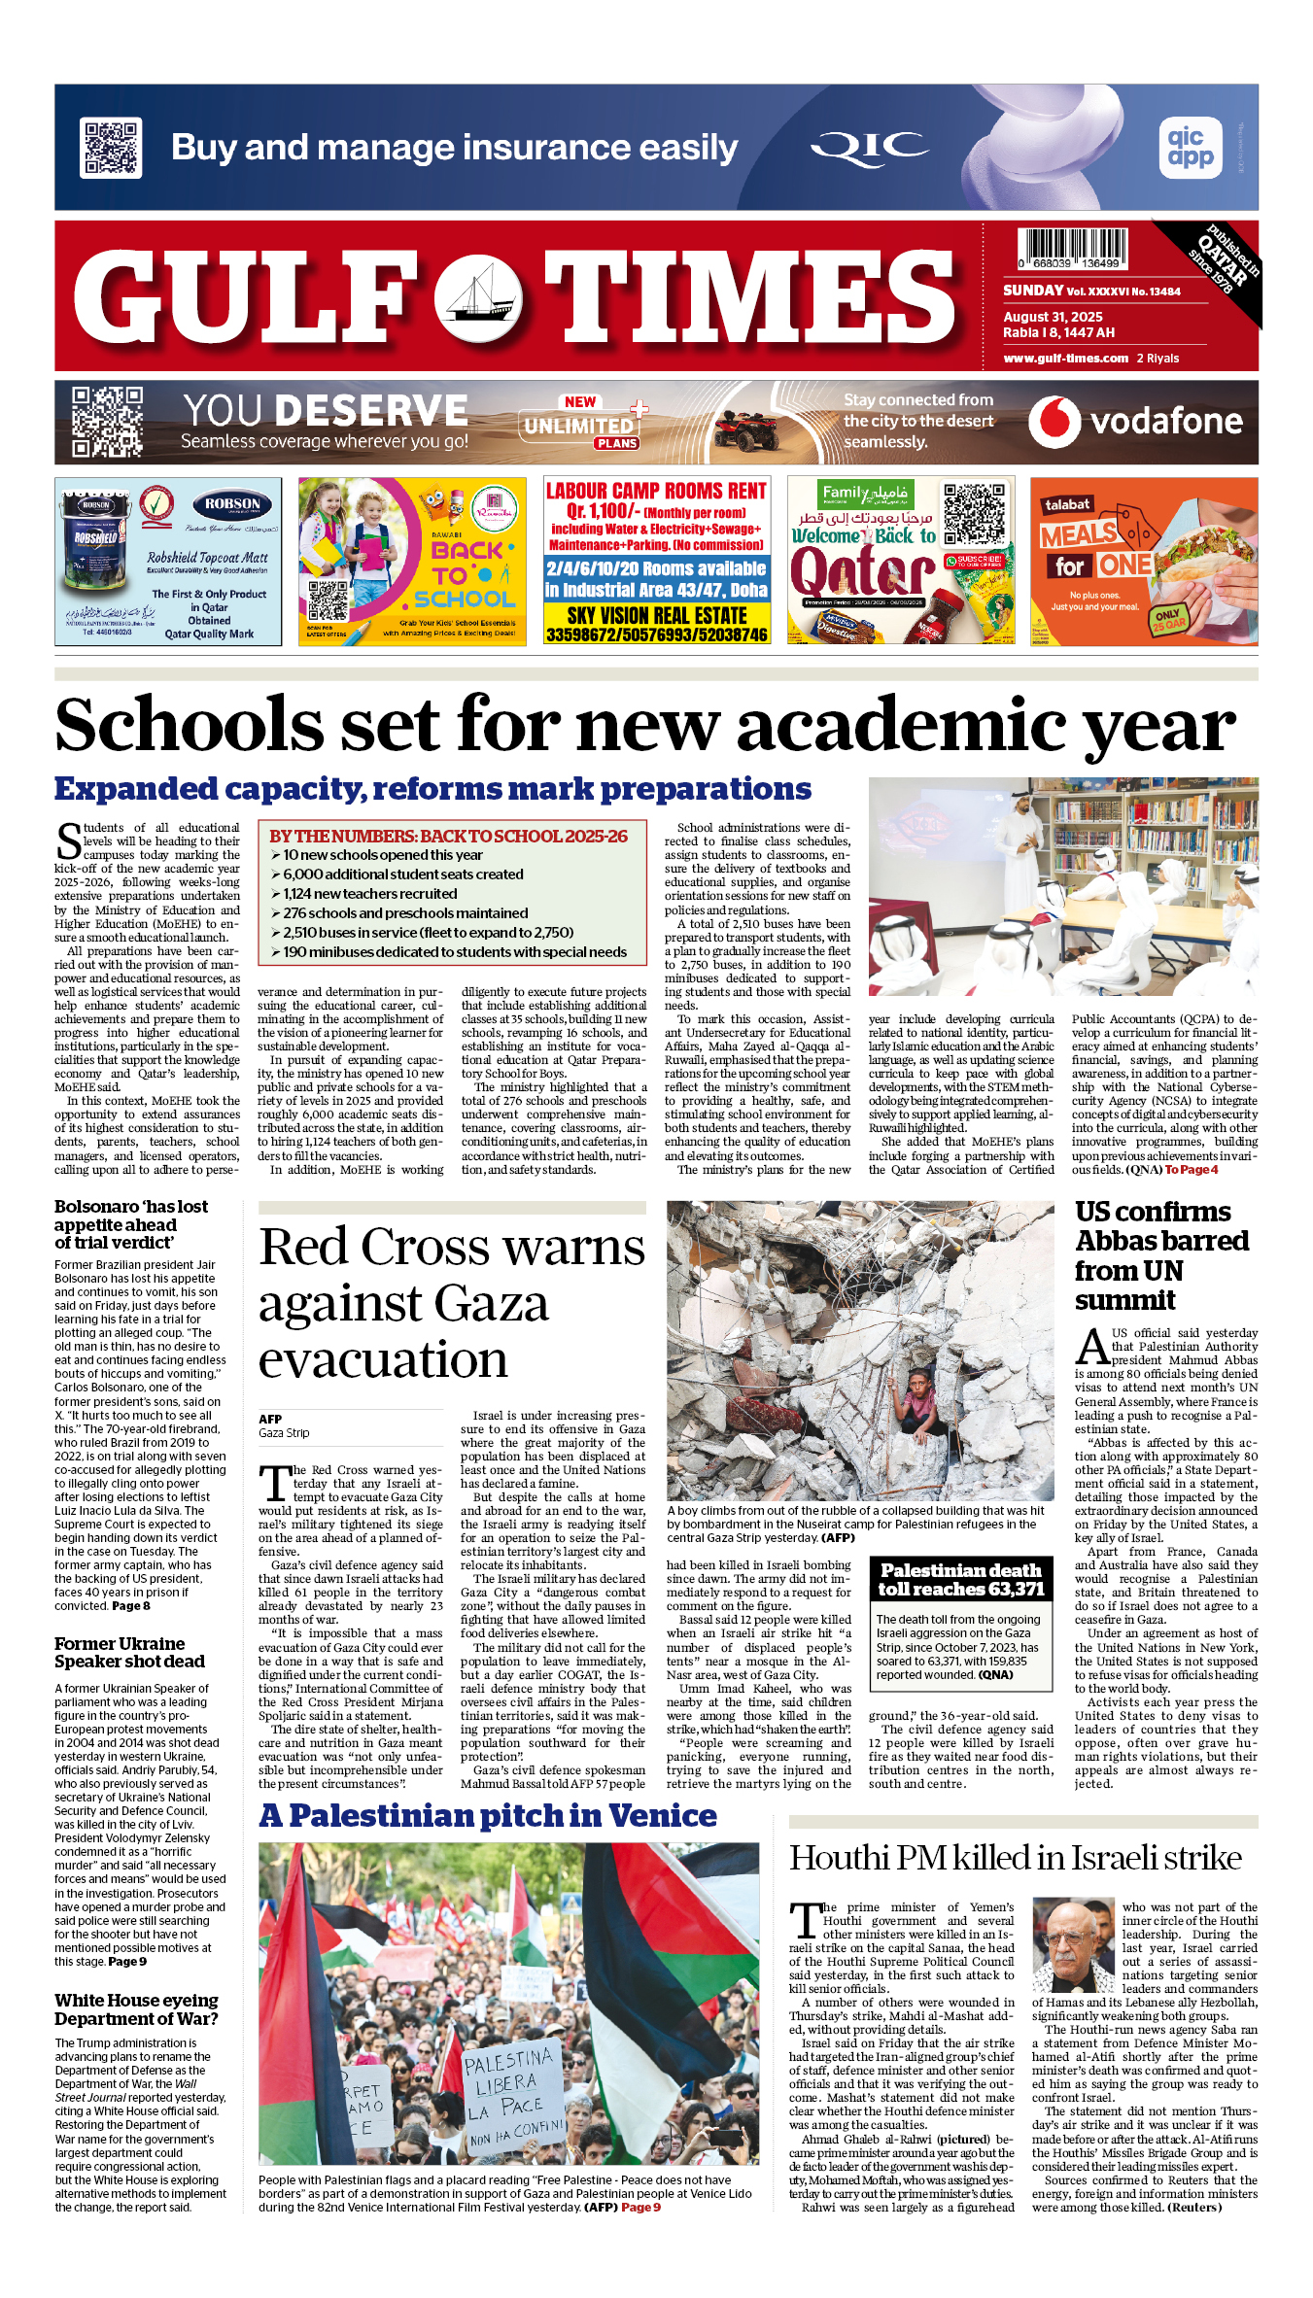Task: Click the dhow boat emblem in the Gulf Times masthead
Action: (x=477, y=297)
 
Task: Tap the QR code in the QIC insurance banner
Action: (x=111, y=147)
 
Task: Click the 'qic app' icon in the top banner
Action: (x=1190, y=148)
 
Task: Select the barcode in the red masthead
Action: (x=1073, y=249)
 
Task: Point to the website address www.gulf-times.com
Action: (x=1065, y=359)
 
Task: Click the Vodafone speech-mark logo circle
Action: (x=1054, y=422)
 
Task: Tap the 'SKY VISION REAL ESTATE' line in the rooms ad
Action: (x=657, y=616)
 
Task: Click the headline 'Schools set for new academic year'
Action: (x=645, y=725)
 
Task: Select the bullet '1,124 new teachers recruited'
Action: (x=369, y=894)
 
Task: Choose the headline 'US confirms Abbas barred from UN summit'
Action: (x=1161, y=1255)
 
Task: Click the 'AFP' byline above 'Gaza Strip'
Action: (x=270, y=1419)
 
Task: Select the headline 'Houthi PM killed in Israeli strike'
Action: (x=1015, y=1858)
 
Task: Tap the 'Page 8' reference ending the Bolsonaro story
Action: (x=131, y=1606)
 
